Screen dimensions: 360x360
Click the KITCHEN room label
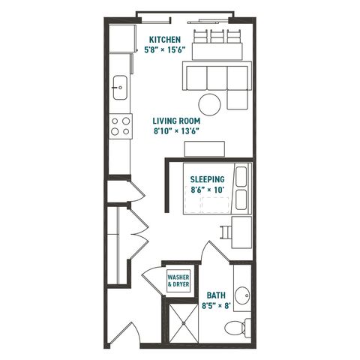[165, 40]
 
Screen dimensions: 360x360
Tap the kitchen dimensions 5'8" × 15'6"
[165, 49]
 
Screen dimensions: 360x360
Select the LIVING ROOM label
[176, 121]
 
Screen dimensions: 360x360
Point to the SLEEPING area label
[207, 179]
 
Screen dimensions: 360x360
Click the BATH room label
[216, 295]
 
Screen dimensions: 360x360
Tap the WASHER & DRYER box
[178, 280]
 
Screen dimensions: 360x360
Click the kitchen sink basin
[120, 88]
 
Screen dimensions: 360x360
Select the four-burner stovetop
[121, 126]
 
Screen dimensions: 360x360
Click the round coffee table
[209, 104]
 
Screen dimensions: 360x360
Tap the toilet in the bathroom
[238, 328]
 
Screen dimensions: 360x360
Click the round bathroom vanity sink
[242, 295]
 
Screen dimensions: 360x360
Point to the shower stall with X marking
[184, 322]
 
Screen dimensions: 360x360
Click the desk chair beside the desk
[226, 232]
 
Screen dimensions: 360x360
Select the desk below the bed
[241, 232]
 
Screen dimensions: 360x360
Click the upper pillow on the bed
[241, 177]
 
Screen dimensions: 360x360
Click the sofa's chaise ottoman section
[238, 99]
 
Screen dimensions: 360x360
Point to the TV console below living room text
[205, 149]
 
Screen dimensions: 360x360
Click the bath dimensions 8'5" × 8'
[216, 305]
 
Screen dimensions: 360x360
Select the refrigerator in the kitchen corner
[123, 38]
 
